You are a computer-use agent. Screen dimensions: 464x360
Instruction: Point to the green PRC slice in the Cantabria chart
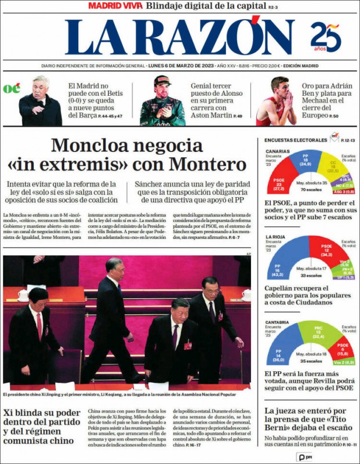coord(318,333)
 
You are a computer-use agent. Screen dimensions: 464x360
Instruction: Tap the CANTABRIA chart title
coord(278,322)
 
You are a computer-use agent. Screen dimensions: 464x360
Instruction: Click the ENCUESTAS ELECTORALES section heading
coord(296,140)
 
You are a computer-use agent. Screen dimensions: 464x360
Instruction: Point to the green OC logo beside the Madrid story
coord(12,89)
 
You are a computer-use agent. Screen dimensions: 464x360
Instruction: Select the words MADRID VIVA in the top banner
coord(115,5)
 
